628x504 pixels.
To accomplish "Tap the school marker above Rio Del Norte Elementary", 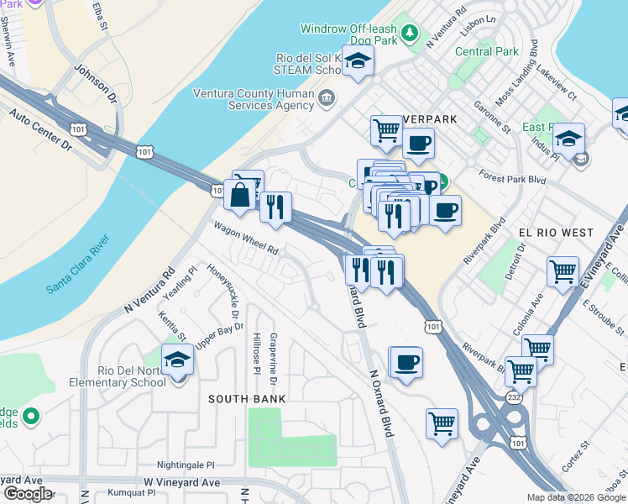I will [x=177, y=360].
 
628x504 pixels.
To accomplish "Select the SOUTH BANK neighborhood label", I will [x=243, y=399].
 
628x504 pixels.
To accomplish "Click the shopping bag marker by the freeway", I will [x=240, y=194].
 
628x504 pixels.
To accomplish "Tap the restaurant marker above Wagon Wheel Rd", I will [x=275, y=207].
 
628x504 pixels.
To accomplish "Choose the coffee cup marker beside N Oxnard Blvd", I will [x=407, y=362].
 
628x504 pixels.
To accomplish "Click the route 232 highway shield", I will [x=514, y=396].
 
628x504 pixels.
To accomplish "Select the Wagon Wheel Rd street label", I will [x=245, y=237].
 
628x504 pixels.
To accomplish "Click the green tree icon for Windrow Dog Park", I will [x=409, y=34].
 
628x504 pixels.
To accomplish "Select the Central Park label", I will [x=487, y=51].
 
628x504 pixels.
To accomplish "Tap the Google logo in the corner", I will [x=27, y=493].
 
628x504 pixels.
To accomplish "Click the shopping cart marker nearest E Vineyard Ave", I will [x=562, y=271].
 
